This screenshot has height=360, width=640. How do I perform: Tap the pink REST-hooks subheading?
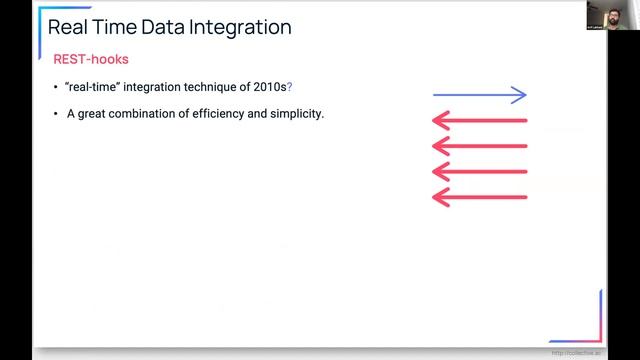tap(90, 60)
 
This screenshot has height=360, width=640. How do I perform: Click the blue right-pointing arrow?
tap(479, 95)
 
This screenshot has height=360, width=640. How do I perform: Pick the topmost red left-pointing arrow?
tap(479, 121)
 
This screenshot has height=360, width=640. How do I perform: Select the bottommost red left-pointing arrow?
tap(479, 197)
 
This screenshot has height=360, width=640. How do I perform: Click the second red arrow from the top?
tap(479, 146)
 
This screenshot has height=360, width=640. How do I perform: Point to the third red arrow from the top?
tap(479, 172)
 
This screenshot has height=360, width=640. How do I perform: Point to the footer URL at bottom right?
tap(576, 352)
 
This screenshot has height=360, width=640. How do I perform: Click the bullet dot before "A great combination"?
tap(56, 115)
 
